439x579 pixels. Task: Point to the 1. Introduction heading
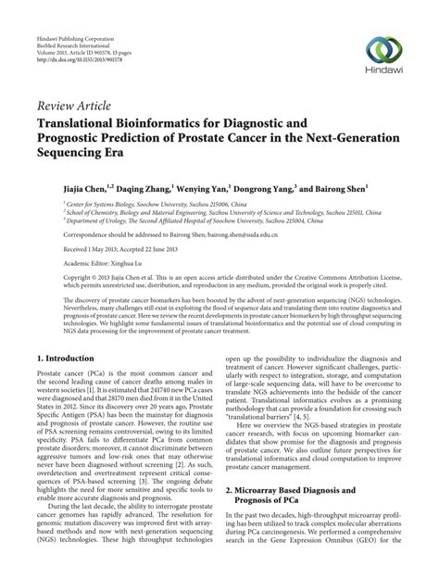69,358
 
